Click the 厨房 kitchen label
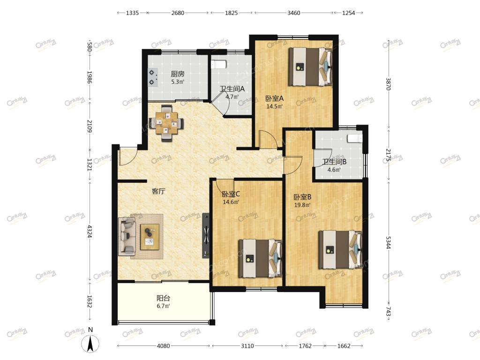178,74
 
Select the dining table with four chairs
166,123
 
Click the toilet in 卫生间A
218,64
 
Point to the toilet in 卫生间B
354,138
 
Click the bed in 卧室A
310,67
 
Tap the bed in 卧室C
260,259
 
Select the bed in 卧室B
340,250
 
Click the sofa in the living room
127,237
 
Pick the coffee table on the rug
150,237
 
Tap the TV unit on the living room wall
206,235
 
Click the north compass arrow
90,343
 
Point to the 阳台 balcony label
163,298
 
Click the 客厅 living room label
158,191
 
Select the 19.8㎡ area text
302,205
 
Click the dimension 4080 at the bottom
163,346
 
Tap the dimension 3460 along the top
293,13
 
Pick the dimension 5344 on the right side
388,242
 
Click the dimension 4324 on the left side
90,231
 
